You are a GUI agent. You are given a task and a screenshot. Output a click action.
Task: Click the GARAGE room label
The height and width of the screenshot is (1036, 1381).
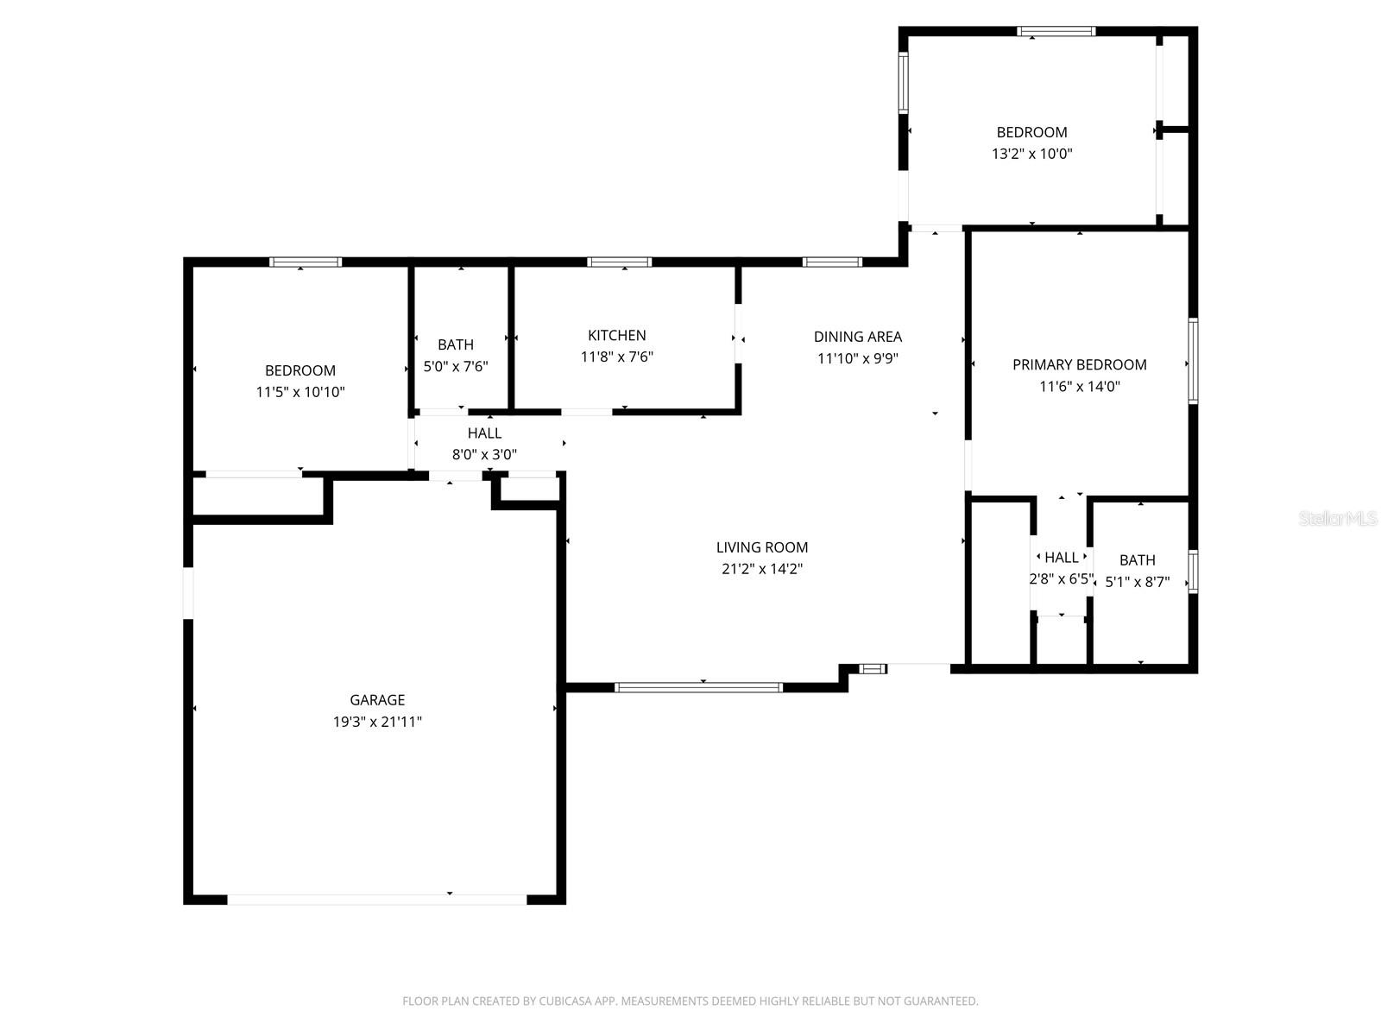point(377,700)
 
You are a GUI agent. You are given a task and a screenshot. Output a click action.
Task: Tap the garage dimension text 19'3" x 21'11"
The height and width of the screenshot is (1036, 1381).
point(377,722)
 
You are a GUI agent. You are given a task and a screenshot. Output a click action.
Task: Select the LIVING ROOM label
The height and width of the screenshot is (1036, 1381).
point(762,547)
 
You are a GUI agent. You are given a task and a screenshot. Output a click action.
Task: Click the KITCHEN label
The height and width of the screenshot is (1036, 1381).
point(616,335)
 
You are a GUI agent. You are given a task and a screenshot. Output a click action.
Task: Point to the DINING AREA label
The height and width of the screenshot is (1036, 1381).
point(857,337)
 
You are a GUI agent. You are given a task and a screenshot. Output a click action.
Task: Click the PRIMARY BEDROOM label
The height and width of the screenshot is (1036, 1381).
point(1079,365)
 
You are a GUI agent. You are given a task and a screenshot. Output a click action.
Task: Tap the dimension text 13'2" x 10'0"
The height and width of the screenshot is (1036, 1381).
point(1031,154)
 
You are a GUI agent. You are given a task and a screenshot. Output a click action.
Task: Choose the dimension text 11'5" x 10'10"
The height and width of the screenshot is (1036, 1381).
point(300,392)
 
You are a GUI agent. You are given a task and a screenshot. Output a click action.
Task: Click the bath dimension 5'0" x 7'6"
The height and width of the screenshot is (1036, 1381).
point(456,366)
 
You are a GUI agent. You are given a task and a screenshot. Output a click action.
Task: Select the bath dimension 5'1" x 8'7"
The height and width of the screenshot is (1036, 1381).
point(1137,582)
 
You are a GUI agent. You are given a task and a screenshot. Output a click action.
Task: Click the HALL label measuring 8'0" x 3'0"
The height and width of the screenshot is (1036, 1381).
point(484,433)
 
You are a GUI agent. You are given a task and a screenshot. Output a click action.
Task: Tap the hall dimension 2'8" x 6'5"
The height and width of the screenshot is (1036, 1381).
point(1061,579)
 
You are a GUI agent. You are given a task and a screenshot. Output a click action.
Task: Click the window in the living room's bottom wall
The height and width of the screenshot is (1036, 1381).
point(698,687)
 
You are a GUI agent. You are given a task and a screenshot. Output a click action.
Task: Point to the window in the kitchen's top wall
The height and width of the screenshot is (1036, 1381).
point(619,262)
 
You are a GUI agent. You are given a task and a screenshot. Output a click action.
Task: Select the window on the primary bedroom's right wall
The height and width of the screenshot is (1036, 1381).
point(1193,360)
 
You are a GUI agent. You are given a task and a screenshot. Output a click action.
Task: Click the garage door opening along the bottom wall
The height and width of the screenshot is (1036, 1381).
point(376,900)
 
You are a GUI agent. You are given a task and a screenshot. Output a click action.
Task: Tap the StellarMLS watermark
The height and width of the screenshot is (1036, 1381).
point(1338,519)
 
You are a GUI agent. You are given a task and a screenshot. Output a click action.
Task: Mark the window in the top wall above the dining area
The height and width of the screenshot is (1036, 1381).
point(832,262)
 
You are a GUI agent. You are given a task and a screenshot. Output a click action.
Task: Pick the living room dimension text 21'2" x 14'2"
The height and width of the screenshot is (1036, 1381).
point(762,569)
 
